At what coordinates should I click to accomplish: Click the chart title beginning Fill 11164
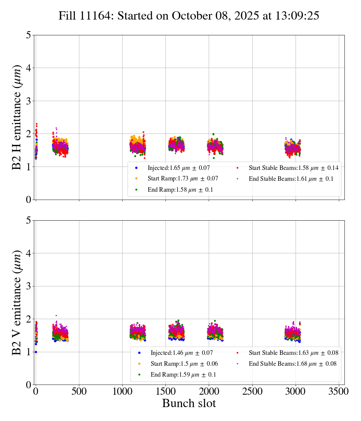point(189,16)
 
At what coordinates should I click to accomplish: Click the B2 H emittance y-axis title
point(17,117)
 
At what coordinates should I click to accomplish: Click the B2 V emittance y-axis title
point(17,303)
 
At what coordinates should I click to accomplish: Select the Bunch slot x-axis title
point(189,404)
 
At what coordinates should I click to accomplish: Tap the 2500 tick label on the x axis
point(252,391)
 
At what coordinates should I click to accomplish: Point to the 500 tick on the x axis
point(79,391)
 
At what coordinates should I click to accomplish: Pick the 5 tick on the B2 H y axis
point(28,35)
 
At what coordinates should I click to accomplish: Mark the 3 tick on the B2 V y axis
point(28,286)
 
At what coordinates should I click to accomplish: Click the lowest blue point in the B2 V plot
point(36,352)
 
